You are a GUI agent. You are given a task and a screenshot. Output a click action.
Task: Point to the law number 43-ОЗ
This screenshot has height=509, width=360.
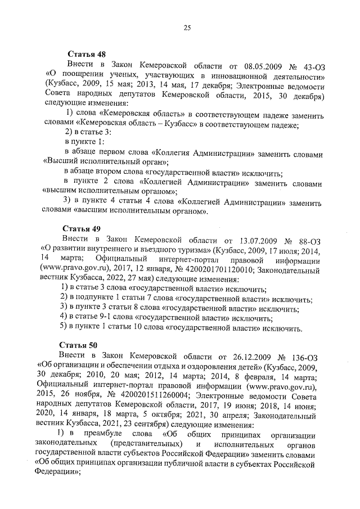312,65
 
